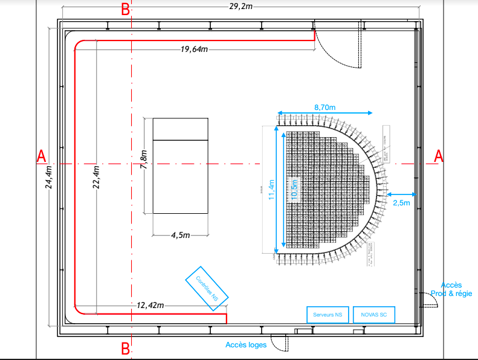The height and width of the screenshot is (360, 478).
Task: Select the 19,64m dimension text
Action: [194, 49]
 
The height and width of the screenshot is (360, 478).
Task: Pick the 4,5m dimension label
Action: [180, 234]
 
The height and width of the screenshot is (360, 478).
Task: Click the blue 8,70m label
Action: [325, 106]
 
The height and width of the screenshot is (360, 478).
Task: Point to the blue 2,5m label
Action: [401, 202]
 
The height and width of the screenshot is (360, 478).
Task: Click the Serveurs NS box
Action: [328, 315]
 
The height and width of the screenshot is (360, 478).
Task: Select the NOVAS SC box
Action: [373, 315]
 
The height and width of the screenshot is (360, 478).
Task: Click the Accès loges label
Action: [246, 345]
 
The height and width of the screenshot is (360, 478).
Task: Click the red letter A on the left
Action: [41, 156]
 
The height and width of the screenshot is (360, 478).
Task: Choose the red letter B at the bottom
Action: [125, 349]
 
